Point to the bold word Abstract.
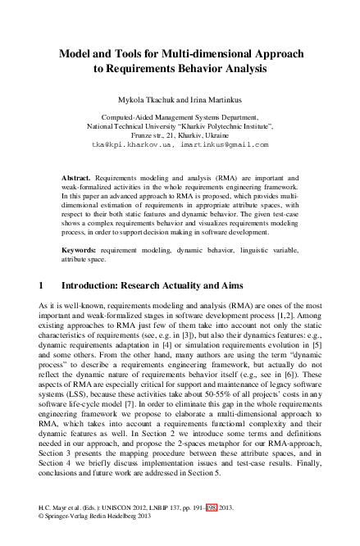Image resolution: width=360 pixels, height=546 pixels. tap(76, 177)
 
